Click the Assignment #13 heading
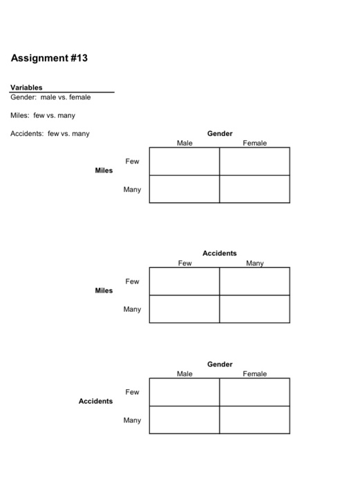coord(49,58)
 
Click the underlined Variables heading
coord(26,88)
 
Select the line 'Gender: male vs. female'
coord(50,97)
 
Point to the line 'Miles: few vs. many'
coord(43,115)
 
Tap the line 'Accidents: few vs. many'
coord(50,134)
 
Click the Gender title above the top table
coord(220,133)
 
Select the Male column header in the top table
coord(184,143)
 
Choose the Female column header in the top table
coord(254,143)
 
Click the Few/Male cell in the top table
coord(184,161)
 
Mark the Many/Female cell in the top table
coord(254,189)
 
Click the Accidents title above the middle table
coord(220,253)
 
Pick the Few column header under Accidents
coord(184,263)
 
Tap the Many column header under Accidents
coord(254,263)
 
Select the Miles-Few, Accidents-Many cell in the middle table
coord(254,282)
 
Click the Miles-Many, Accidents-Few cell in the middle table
coord(184,309)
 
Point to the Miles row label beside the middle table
coord(104,290)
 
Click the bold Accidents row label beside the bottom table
coord(95,401)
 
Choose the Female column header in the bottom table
coord(254,373)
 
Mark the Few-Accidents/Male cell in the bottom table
coord(184,392)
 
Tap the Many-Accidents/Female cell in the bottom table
coord(254,420)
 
